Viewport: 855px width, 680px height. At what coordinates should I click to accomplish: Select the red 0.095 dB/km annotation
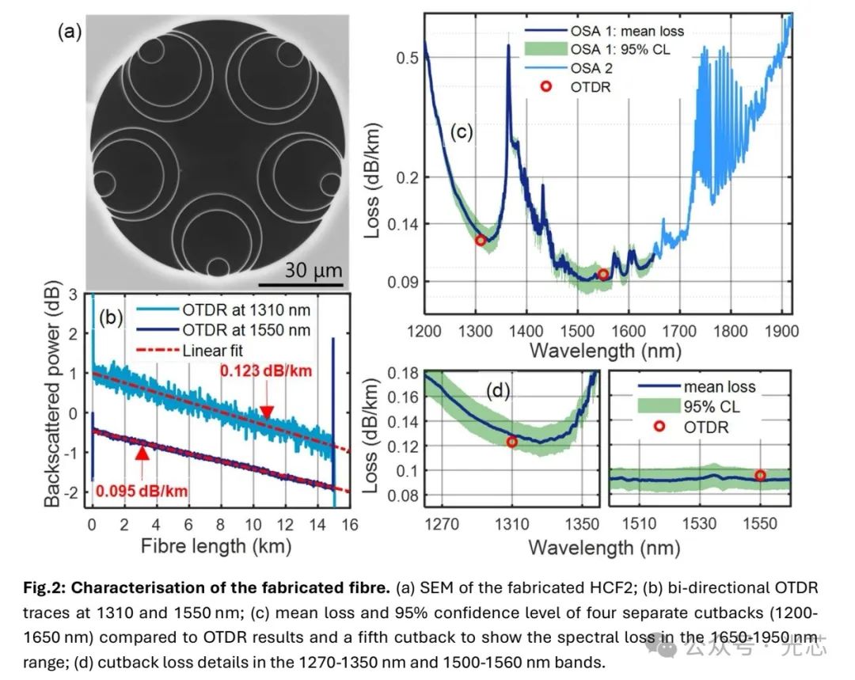tap(142, 491)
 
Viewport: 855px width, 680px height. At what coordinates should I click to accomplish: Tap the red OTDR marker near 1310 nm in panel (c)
tap(481, 240)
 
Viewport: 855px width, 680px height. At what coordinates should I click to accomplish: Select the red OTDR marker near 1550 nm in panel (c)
tap(603, 275)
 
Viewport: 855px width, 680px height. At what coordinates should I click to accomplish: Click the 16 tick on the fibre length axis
tap(349, 524)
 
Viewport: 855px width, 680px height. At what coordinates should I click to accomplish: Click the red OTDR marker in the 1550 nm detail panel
tap(760, 475)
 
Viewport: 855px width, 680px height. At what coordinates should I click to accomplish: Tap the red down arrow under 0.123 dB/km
tap(267, 411)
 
